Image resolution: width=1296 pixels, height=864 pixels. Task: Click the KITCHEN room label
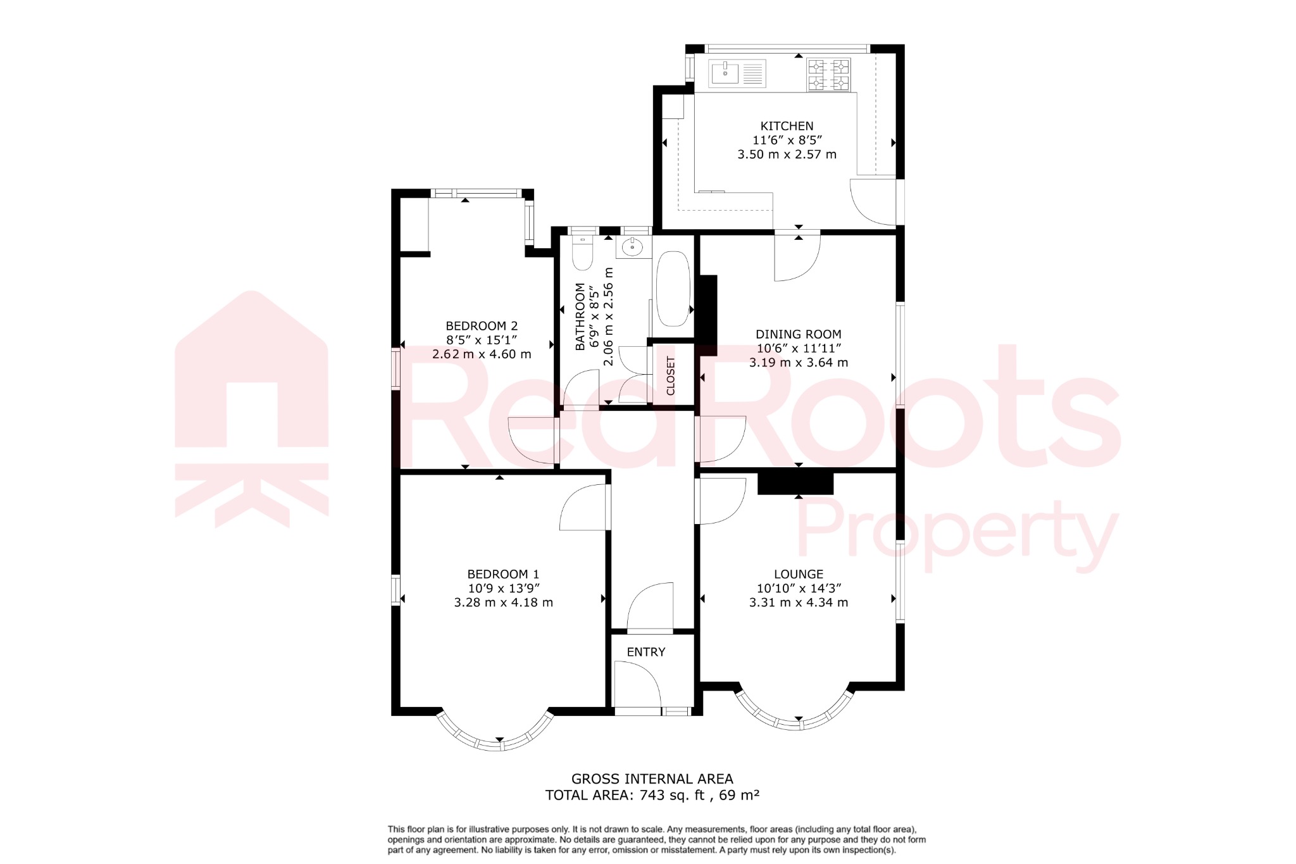[x=787, y=126]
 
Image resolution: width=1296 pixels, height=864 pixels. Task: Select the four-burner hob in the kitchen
[x=828, y=75]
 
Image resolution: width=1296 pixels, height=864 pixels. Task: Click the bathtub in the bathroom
[x=673, y=289]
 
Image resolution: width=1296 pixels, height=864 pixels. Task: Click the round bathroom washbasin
[x=632, y=247]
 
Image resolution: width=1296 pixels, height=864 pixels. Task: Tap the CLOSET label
[x=671, y=375]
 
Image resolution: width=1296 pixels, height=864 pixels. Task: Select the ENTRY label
[x=645, y=652]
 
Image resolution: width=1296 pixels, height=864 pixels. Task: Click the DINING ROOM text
[x=798, y=334]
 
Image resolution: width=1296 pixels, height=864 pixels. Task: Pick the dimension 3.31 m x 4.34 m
[x=798, y=603]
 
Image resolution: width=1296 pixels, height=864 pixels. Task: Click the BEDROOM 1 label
[x=503, y=574]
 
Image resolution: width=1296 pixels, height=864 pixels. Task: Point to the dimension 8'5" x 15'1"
[x=482, y=340]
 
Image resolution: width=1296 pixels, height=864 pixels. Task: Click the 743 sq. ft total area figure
[x=672, y=795]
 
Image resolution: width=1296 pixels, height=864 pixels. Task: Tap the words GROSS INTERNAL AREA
[x=652, y=779]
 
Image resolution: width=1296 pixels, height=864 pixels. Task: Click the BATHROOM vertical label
[x=580, y=316]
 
